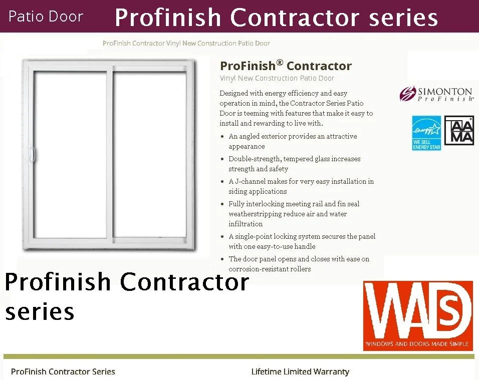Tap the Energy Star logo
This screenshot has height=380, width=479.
(x=426, y=133)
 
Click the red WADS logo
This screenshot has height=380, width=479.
(x=417, y=315)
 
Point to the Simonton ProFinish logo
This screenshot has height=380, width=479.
(x=436, y=94)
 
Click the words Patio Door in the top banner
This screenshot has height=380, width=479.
(x=46, y=17)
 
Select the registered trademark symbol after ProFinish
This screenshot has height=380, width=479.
(x=280, y=63)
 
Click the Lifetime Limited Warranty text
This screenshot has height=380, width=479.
(x=300, y=371)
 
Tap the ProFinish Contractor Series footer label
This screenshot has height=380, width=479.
(x=63, y=371)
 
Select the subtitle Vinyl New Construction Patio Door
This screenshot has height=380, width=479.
(x=277, y=78)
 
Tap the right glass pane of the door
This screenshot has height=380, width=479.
(x=149, y=150)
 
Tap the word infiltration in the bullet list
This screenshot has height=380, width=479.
(x=246, y=224)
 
